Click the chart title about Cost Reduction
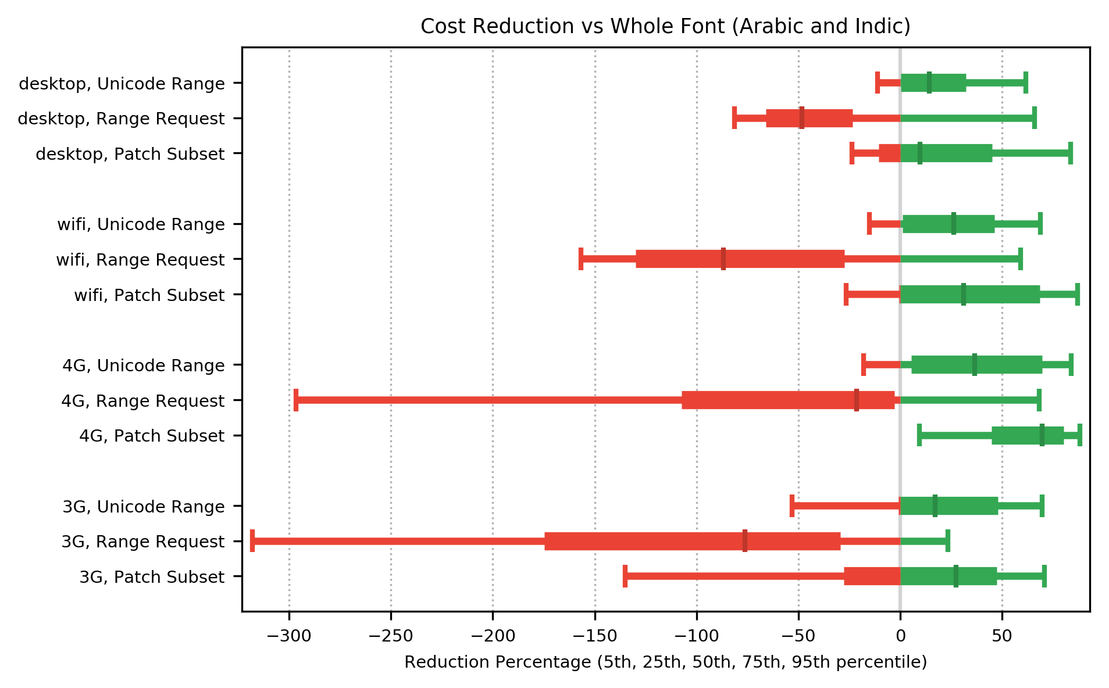click(665, 27)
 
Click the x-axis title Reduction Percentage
click(665, 662)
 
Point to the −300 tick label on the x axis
click(289, 636)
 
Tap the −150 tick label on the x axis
click(594, 636)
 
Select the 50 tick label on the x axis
click(1002, 636)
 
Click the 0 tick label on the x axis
click(900, 636)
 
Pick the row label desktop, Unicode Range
click(122, 84)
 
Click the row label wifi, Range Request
click(140, 260)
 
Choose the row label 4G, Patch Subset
click(152, 436)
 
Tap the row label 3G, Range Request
click(143, 542)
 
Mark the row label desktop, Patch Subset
click(130, 155)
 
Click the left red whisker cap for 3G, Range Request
click(252, 541)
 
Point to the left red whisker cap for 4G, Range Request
click(296, 400)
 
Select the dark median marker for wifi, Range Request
click(723, 259)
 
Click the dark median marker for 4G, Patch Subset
click(1042, 435)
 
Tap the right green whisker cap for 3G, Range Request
click(948, 541)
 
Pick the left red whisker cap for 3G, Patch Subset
click(625, 576)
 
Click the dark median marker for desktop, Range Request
click(802, 118)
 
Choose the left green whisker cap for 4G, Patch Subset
click(919, 435)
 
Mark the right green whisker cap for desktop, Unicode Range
click(1026, 83)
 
